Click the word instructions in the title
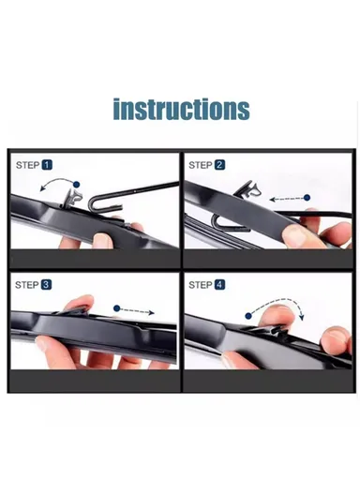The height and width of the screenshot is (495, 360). (181, 109)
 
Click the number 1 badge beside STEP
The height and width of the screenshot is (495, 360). (46, 165)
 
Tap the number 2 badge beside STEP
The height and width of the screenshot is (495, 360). (219, 165)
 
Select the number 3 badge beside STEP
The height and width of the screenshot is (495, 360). (46, 284)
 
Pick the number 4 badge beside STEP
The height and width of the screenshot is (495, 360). (219, 284)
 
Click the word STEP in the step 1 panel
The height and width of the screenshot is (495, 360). (27, 165)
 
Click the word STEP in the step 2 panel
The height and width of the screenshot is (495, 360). (200, 165)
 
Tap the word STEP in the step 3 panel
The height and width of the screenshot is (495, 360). (27, 284)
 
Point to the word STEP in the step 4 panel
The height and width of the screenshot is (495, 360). (200, 284)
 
